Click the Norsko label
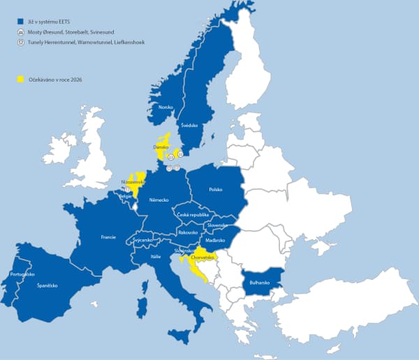(x=166, y=107)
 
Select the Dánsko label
(x=162, y=148)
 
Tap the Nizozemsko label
(x=133, y=182)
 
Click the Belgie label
(x=126, y=196)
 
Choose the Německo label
(x=159, y=200)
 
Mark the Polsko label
(x=214, y=189)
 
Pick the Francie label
(x=108, y=237)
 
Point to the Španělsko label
(x=48, y=285)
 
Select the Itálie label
(x=155, y=257)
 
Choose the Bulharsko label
(x=259, y=282)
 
